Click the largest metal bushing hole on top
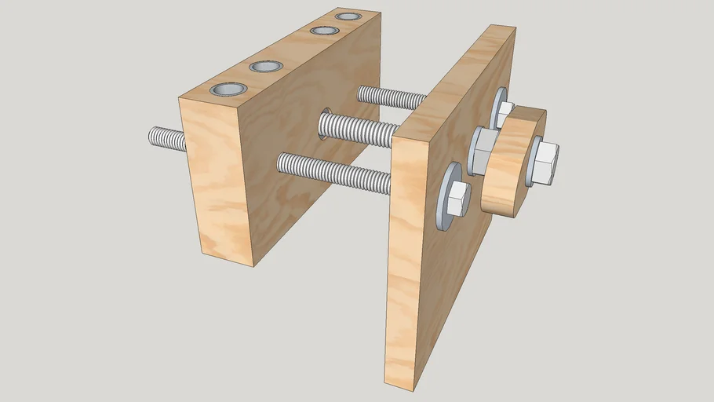click(228, 90)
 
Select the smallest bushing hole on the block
click(347, 16)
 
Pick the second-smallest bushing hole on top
click(322, 31)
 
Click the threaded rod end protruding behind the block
click(166, 139)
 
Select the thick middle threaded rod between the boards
click(361, 130)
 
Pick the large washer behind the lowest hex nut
click(444, 196)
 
